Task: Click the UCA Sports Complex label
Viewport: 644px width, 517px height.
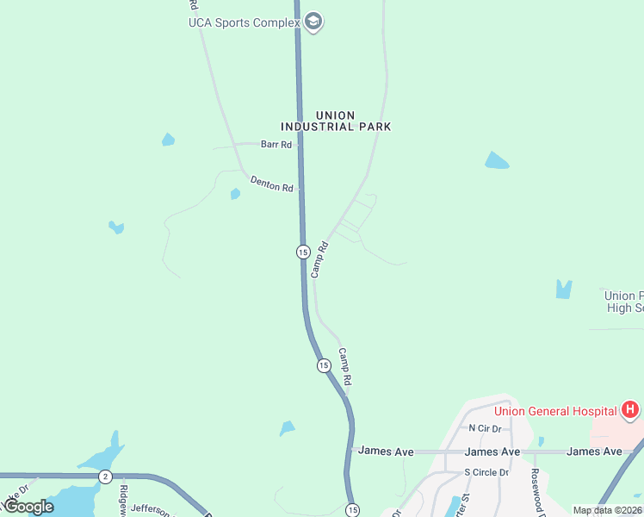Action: [245, 22]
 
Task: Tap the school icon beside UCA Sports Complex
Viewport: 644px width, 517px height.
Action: [313, 22]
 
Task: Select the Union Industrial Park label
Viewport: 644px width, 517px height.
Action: [336, 121]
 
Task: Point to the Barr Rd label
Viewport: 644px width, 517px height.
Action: [276, 145]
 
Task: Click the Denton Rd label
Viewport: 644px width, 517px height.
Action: [272, 184]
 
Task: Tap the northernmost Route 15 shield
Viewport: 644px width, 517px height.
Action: [302, 252]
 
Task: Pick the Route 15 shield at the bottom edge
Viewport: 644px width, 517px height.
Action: [352, 510]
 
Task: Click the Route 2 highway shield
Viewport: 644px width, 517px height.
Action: [105, 476]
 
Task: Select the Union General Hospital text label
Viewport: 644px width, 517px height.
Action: [556, 410]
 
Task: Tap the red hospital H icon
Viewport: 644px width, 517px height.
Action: [630, 410]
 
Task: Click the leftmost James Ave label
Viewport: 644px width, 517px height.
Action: [386, 451]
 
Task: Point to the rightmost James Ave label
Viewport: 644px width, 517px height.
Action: [594, 452]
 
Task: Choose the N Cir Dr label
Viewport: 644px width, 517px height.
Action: [485, 427]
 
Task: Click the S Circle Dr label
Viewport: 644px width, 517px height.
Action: [486, 472]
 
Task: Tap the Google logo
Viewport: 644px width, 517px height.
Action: [28, 507]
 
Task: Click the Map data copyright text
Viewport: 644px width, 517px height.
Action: [606, 510]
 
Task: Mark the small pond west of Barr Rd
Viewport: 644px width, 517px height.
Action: [168, 140]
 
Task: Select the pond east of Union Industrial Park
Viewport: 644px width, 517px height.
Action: [496, 160]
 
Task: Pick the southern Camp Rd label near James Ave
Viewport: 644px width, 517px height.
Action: [345, 366]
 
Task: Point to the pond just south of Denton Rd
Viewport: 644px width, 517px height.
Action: [235, 194]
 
